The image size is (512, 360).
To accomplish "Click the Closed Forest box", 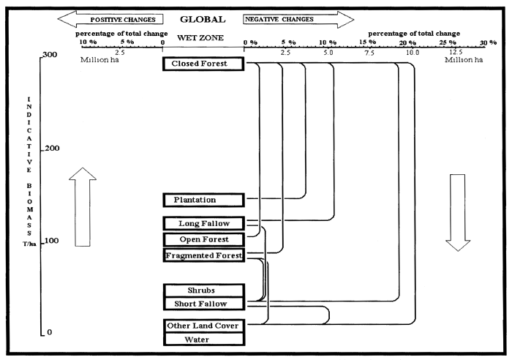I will point(203,64).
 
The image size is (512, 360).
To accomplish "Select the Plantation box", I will point(203,200).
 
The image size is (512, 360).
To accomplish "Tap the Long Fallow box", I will point(203,223).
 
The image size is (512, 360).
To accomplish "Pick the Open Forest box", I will point(203,240).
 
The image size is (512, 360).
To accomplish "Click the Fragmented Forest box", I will point(203,255).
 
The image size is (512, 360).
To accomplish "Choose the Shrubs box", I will point(203,290).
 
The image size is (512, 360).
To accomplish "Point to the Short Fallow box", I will point(203,304).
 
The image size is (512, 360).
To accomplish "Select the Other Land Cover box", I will point(203,326).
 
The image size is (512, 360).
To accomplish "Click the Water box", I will point(203,339).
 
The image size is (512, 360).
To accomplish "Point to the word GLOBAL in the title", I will point(203,19).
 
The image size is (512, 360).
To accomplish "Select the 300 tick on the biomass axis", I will point(49,55).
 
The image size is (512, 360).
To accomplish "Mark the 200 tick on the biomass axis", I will point(49,149).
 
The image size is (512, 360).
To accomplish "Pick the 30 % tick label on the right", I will point(487,43).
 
